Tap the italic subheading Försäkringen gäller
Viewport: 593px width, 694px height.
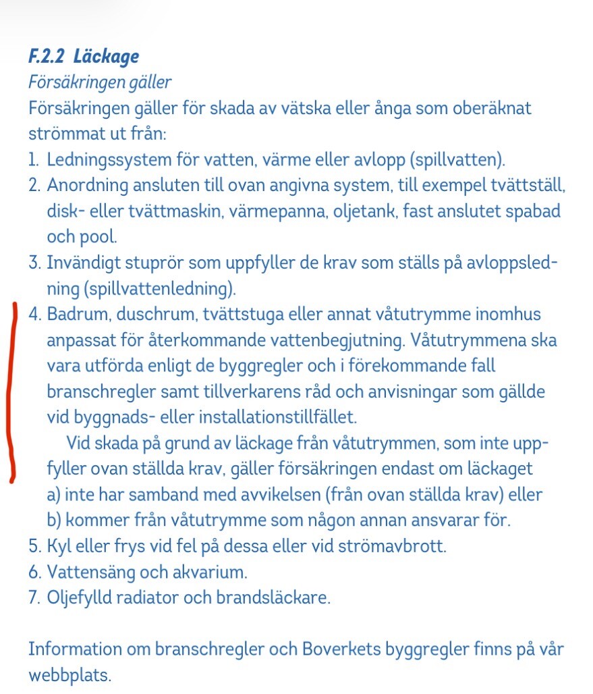[x=100, y=82]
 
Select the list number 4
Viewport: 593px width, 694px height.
[x=34, y=315]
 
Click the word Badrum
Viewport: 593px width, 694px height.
[x=76, y=315]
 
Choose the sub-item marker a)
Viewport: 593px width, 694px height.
[x=55, y=495]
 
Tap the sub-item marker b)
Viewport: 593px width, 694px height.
[x=55, y=520]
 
